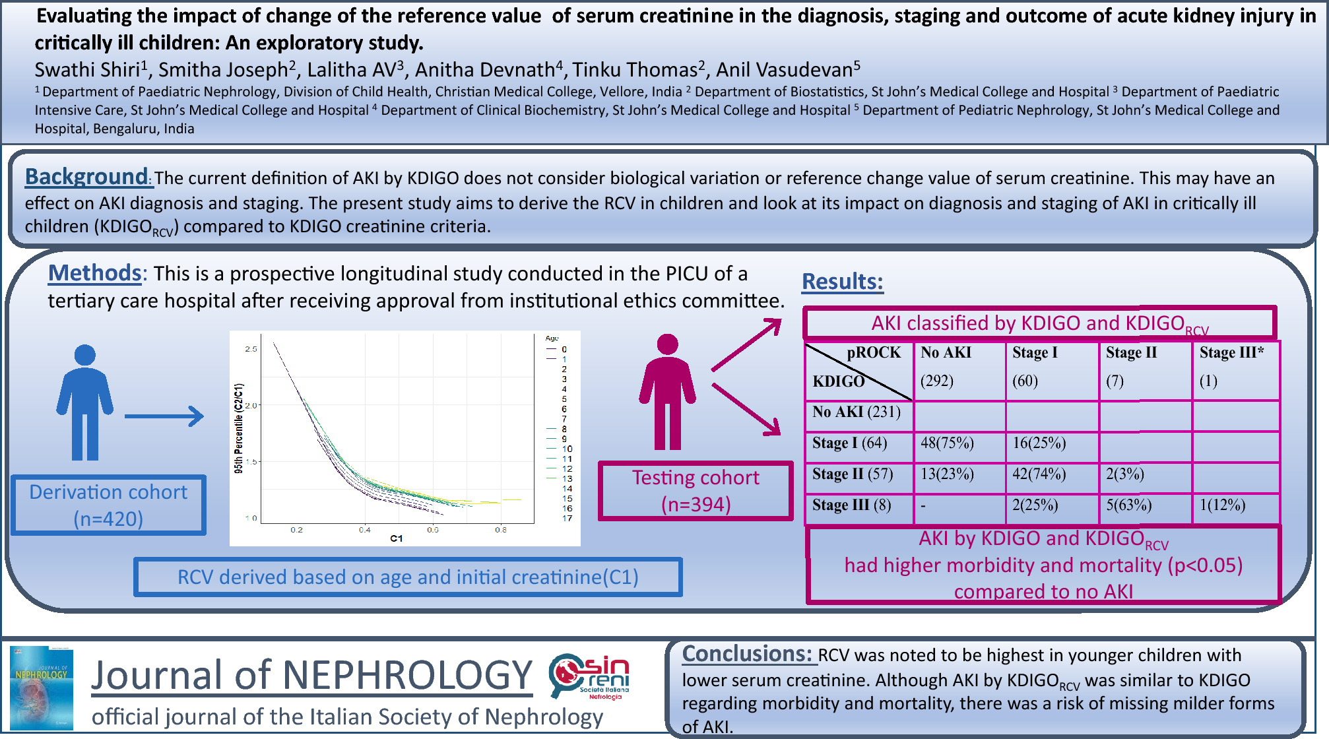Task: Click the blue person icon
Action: coord(84,402)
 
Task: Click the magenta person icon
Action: coord(667,392)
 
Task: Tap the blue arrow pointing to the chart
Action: coord(164,416)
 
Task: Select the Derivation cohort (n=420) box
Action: coord(108,505)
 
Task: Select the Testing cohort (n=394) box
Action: coord(696,491)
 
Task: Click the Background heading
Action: coord(86,177)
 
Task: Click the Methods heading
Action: coord(95,273)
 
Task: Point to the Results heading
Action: coord(842,282)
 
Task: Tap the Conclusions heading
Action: coord(747,654)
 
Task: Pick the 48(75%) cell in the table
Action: coord(947,443)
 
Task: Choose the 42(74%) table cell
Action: coord(1039,474)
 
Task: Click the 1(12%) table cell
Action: coord(1222,505)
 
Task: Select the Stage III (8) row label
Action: coord(851,505)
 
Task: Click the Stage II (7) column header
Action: coord(1131,366)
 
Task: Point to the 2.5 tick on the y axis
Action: coord(251,349)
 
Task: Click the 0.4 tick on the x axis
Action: coord(364,529)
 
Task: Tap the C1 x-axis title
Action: coord(396,538)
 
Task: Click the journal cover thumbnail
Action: coord(42,688)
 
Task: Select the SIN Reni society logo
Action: coord(589,676)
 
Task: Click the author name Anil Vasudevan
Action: coord(788,69)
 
